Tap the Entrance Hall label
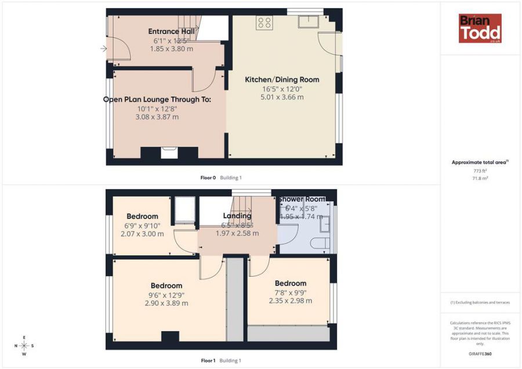[171, 31]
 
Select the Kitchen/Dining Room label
[282, 79]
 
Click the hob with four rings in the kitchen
[264, 23]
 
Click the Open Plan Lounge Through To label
[157, 99]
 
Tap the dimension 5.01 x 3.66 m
[282, 97]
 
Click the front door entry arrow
[104, 49]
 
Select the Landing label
[237, 216]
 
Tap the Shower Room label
[301, 200]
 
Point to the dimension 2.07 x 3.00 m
[142, 234]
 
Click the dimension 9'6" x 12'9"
[166, 295]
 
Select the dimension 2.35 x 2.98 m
[290, 301]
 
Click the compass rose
[24, 345]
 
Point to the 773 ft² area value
[480, 171]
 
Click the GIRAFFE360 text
[480, 353]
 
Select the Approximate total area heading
[480, 162]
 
